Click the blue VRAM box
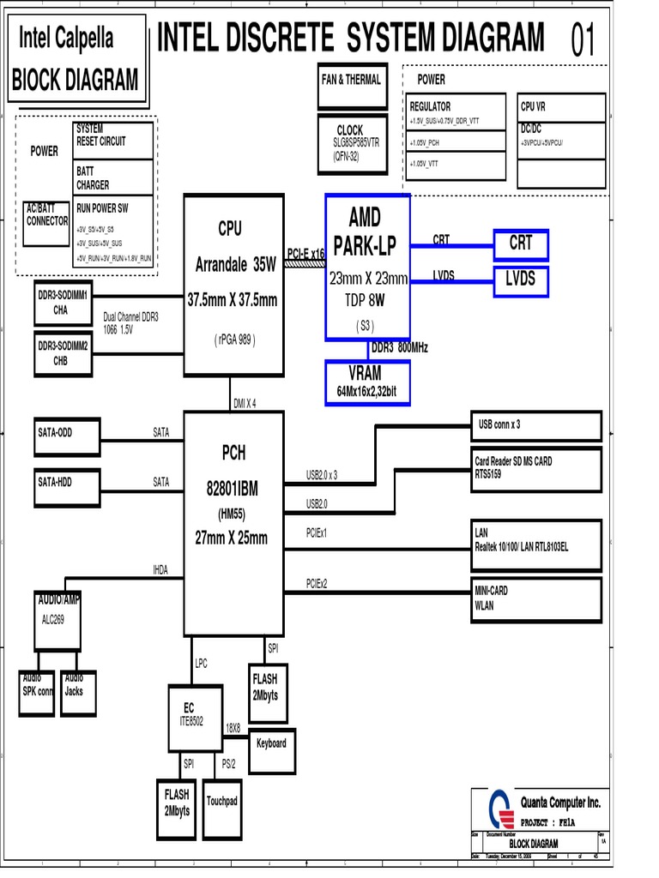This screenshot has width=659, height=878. [x=367, y=382]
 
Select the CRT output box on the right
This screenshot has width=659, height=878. [x=521, y=244]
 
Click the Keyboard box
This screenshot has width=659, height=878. [x=271, y=743]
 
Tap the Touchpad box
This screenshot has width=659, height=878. [x=221, y=802]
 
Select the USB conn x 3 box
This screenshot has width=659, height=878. [x=536, y=424]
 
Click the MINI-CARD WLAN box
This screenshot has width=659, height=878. [x=536, y=598]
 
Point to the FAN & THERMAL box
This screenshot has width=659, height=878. [x=351, y=86]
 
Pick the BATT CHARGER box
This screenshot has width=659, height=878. [x=113, y=179]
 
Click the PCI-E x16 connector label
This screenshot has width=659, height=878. [x=305, y=253]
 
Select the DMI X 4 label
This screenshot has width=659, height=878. [x=245, y=403]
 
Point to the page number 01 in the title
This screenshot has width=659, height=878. [x=583, y=40]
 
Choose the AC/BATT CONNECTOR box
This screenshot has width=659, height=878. [x=47, y=224]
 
